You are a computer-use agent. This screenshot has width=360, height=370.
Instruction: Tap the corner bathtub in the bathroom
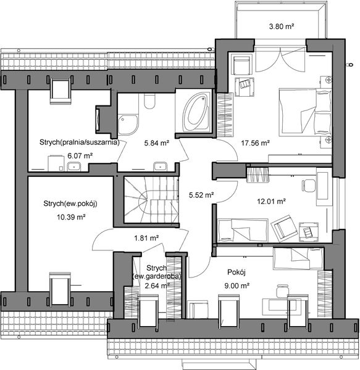tap(196, 112)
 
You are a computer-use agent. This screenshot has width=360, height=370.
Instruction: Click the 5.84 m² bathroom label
tap(156, 142)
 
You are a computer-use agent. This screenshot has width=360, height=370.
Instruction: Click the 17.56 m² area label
tap(256, 142)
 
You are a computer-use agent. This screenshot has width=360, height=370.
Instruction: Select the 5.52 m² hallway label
tap(201, 195)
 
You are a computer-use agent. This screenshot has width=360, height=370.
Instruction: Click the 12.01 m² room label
tap(271, 201)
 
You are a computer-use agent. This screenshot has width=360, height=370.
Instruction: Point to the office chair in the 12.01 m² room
tap(306, 186)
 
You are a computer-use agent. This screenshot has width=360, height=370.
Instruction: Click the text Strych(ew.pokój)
tap(72, 204)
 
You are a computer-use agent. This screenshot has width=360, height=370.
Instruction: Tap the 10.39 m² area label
tap(69, 217)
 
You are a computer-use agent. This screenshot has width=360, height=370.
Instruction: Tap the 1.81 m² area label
tap(147, 237)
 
